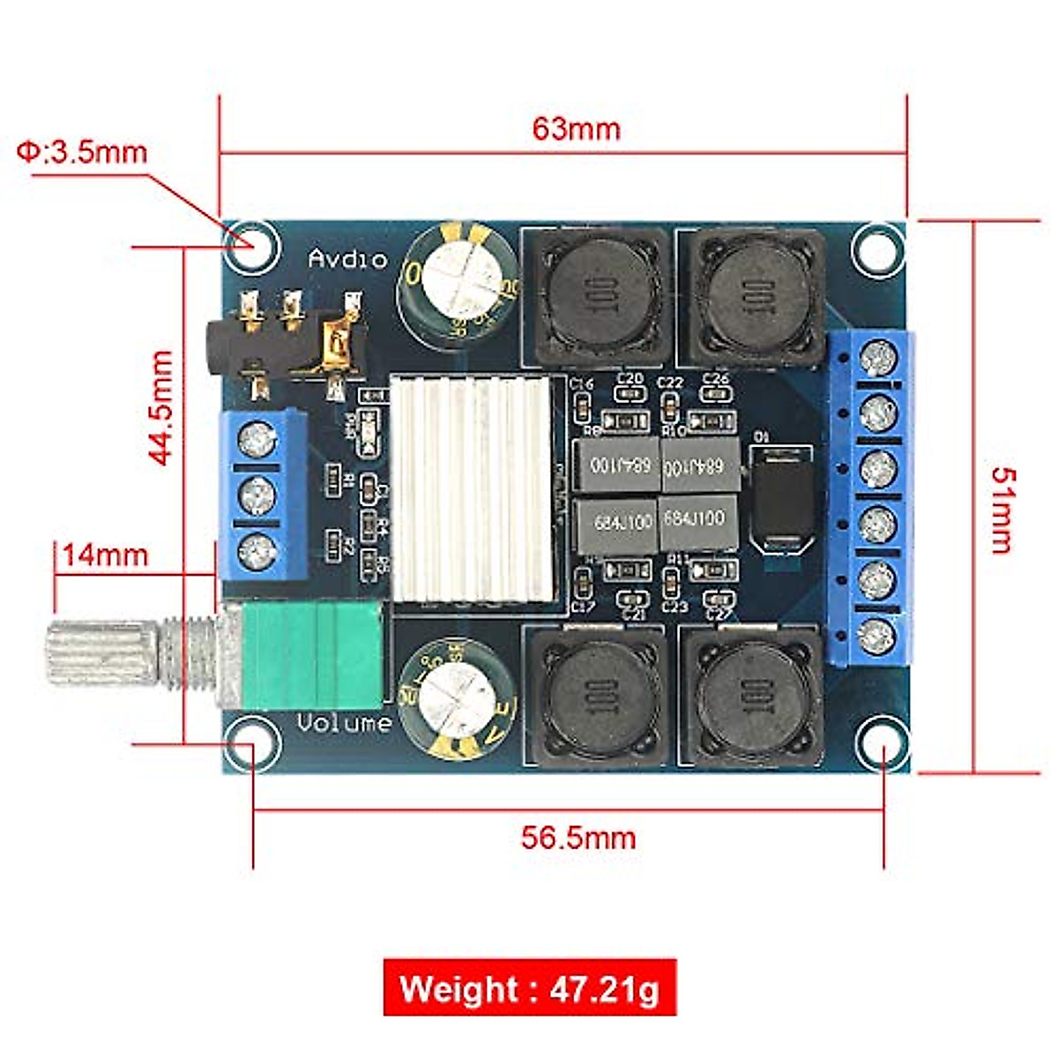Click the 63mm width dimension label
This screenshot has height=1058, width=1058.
(x=576, y=130)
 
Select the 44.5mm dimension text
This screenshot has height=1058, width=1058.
(x=160, y=407)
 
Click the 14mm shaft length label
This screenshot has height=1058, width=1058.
(x=104, y=556)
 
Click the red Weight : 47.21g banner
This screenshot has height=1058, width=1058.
(x=530, y=987)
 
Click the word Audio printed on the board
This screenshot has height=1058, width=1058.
(x=347, y=259)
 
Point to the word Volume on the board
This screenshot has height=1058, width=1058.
(x=344, y=724)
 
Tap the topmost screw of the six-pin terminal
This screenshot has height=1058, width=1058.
(x=878, y=358)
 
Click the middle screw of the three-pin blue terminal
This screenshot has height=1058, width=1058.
(x=257, y=496)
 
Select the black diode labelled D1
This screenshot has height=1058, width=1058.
(x=782, y=498)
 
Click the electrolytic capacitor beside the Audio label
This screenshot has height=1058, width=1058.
(x=457, y=279)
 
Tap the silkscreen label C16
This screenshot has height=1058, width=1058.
(x=582, y=384)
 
